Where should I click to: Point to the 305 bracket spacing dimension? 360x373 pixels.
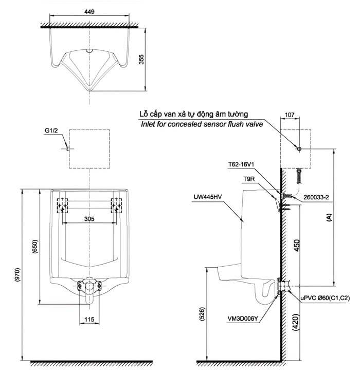click(x=89, y=218)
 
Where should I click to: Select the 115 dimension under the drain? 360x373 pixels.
click(x=88, y=320)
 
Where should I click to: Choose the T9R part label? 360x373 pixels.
click(x=250, y=179)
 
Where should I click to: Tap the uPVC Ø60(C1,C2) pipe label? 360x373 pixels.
click(x=325, y=297)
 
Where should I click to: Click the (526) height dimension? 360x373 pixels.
click(x=202, y=314)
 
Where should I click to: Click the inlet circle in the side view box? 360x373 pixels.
click(x=299, y=148)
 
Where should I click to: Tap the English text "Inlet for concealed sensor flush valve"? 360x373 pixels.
click(x=202, y=124)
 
